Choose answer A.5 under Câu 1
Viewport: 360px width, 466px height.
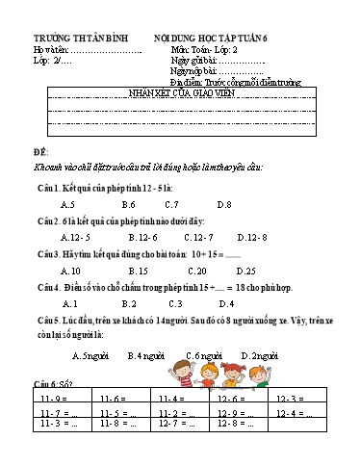click(67, 205)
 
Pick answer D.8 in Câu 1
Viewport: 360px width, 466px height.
click(223, 205)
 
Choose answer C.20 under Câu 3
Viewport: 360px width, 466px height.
click(197, 271)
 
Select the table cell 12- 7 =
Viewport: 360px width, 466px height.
click(174, 423)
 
